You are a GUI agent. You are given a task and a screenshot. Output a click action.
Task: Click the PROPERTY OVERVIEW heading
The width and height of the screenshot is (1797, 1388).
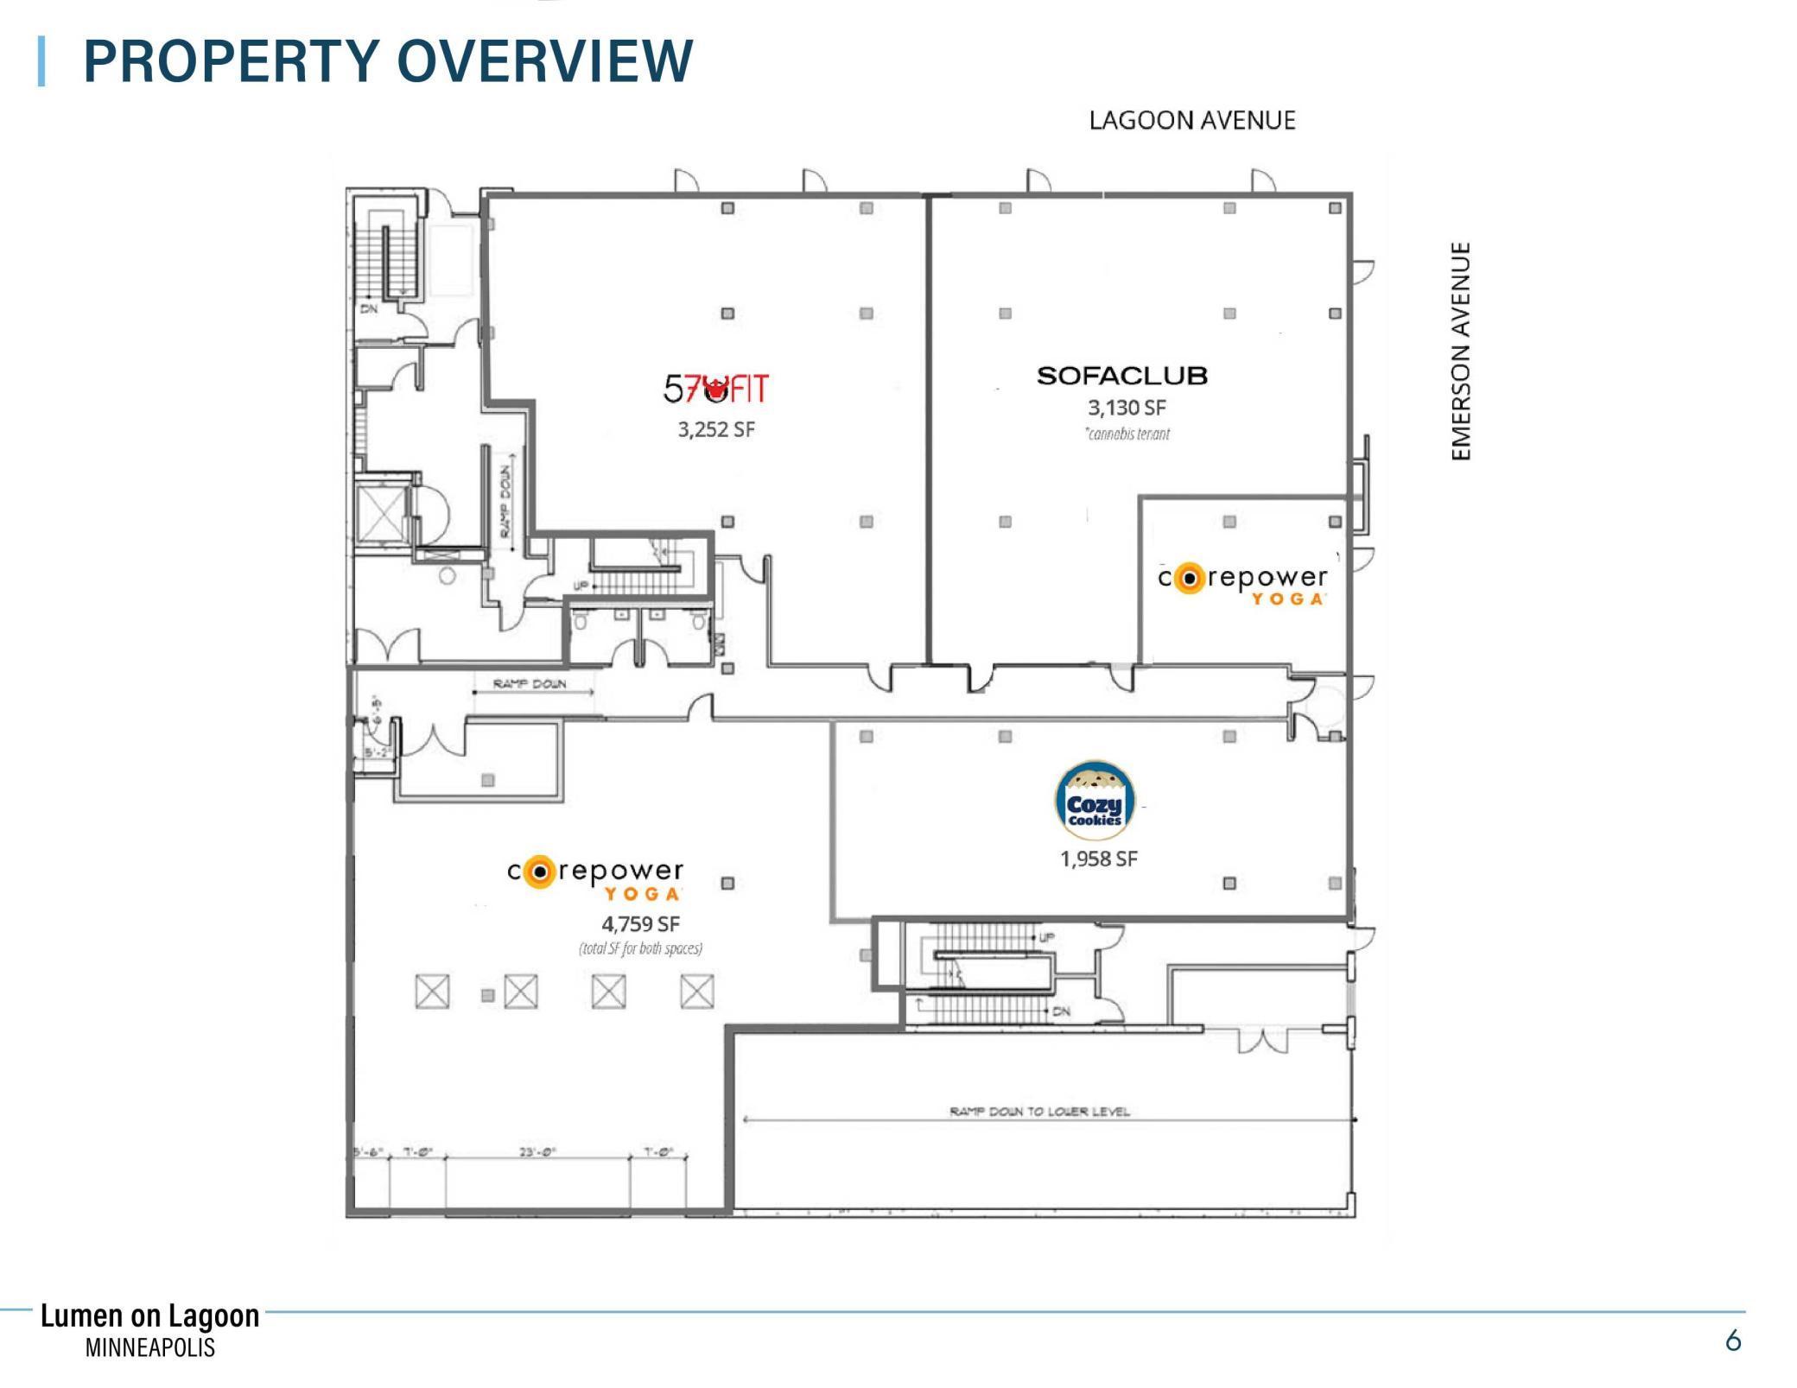(x=387, y=61)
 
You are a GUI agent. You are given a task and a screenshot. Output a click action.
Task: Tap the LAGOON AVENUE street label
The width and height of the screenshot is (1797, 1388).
(x=1191, y=120)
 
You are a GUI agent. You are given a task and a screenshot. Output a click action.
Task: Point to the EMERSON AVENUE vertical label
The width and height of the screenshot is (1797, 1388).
(x=1460, y=351)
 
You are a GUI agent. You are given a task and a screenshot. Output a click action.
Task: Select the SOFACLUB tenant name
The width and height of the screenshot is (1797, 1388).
(x=1121, y=376)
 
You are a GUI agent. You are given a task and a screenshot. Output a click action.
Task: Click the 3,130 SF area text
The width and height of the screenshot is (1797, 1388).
(x=1127, y=408)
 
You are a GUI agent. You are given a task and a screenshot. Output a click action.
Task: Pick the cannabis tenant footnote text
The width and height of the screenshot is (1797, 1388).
(x=1127, y=434)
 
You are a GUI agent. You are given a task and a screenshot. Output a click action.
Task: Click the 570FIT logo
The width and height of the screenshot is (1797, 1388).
(x=715, y=390)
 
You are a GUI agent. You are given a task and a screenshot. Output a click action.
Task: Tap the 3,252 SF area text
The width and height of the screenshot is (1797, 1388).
(x=716, y=429)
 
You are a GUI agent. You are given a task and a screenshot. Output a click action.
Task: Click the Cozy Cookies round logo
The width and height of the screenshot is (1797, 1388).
(x=1095, y=801)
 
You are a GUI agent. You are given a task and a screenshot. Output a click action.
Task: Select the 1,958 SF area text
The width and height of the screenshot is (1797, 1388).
(x=1098, y=859)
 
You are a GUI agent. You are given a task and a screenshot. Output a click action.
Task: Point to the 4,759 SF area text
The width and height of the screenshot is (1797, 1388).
(x=640, y=924)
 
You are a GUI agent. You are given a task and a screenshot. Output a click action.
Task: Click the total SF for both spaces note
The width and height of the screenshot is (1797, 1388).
(x=640, y=948)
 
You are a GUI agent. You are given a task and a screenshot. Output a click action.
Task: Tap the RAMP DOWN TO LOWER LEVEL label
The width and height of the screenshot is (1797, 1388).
(x=1039, y=1111)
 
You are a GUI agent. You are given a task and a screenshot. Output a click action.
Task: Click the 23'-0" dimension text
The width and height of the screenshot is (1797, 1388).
(x=537, y=1151)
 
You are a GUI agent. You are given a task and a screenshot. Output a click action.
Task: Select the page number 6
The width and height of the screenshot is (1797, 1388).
(x=1732, y=1340)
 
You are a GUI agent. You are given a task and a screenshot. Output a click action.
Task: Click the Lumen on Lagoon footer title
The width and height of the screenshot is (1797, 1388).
(x=149, y=1315)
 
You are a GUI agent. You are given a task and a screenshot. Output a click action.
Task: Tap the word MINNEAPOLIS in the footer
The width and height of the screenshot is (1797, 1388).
(x=149, y=1347)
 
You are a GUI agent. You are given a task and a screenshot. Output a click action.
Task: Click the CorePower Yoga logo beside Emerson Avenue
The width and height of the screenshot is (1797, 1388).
(x=1242, y=583)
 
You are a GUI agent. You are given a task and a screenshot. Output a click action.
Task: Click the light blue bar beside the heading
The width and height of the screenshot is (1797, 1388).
(x=41, y=61)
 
